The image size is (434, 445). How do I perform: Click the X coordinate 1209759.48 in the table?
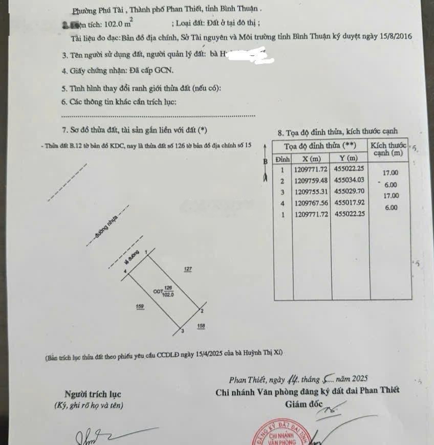tap(311, 181)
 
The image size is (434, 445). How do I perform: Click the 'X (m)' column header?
tap(311, 158)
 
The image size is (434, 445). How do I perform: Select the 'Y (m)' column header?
tap(351, 158)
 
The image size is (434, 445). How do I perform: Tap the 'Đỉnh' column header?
tap(282, 158)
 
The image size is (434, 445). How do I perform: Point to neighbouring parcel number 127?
tap(188, 269)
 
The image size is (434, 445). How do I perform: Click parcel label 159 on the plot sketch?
tap(140, 306)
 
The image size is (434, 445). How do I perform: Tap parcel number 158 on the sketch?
tap(201, 326)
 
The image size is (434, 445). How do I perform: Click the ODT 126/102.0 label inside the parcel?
tap(164, 292)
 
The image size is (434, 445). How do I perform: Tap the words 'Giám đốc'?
tap(304, 405)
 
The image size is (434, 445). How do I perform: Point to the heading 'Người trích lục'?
tap(93, 394)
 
